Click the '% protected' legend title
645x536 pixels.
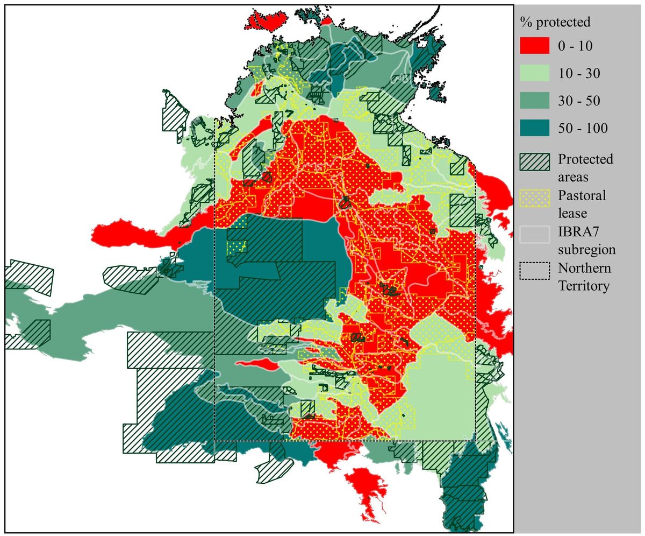(x=555, y=22)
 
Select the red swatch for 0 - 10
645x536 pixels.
(x=535, y=46)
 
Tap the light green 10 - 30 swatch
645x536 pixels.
(x=535, y=73)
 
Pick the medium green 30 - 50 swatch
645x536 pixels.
(x=535, y=101)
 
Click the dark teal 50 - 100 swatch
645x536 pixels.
(x=535, y=128)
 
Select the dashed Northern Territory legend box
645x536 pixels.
(x=535, y=270)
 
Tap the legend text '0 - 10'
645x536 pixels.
(x=575, y=46)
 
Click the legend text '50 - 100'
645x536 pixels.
(x=583, y=128)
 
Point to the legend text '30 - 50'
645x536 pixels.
(x=579, y=101)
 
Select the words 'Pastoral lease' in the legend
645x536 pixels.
(x=582, y=204)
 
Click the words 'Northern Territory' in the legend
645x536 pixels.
(x=585, y=277)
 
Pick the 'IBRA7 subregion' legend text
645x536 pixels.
(x=586, y=241)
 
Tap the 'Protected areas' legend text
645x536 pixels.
(x=585, y=168)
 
